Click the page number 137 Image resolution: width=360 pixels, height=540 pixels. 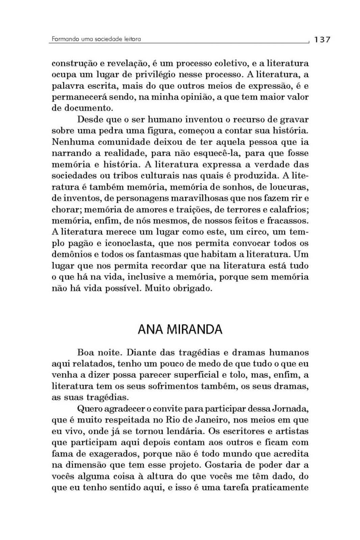tap(322, 39)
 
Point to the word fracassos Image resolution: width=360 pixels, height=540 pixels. tap(288, 221)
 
